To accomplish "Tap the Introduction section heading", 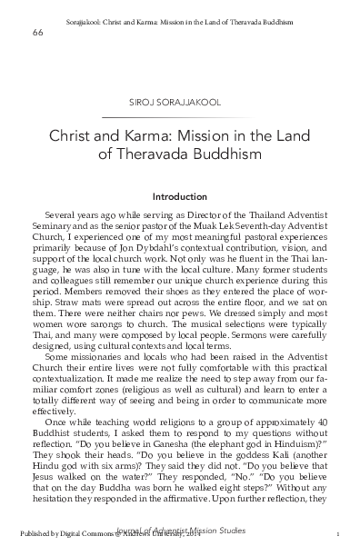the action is [x=179, y=195].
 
